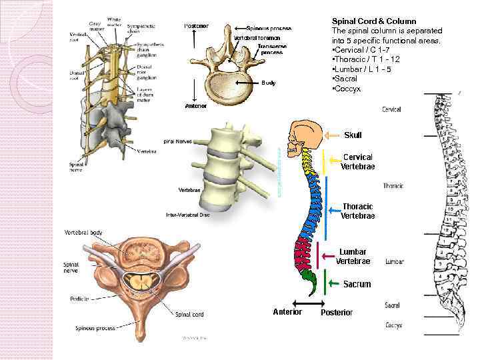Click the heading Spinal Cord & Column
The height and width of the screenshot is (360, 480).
373,21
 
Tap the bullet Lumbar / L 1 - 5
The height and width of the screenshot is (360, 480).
363,69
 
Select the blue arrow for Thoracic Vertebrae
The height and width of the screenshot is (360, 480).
329,211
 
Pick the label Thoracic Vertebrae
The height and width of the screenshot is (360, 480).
357,211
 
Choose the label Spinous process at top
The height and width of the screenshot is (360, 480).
269,28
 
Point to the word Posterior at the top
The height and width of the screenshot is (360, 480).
196,26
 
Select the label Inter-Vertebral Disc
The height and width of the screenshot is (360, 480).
189,215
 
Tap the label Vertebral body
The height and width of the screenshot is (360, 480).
83,232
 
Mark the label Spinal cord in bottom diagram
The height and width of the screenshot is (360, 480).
189,313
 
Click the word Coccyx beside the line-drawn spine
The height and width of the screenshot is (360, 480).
393,325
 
